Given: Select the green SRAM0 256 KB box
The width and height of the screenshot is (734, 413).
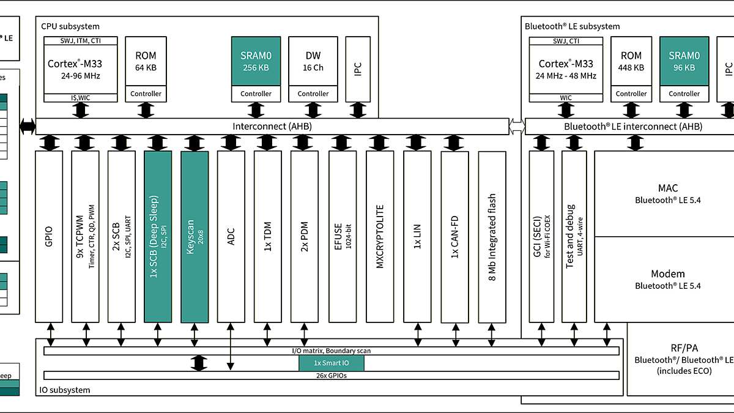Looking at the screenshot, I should [256, 61].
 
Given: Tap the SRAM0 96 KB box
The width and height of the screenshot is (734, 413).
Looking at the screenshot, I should [684, 61].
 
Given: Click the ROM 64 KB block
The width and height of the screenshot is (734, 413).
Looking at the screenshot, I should [146, 61].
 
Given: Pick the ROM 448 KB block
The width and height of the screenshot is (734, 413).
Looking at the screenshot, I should [631, 61].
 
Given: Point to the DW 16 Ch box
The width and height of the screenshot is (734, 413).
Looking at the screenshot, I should [313, 61].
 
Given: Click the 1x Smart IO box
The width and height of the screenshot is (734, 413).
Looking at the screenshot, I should [331, 363].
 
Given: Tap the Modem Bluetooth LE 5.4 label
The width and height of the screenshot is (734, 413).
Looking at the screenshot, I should [667, 279].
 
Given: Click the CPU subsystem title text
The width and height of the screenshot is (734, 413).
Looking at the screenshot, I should [70, 26].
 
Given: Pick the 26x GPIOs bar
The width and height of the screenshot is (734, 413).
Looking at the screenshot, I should [331, 375].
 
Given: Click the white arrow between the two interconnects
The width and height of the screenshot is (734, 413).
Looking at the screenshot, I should [517, 127].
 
